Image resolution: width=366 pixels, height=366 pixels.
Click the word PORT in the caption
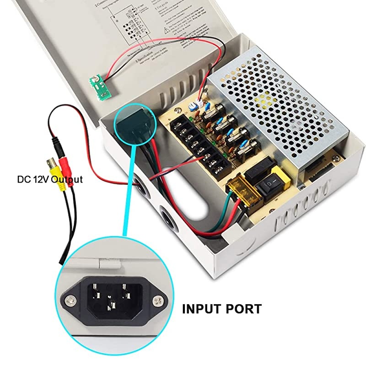pos(245,309)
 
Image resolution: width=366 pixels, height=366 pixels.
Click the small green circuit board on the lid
pos(101,87)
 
